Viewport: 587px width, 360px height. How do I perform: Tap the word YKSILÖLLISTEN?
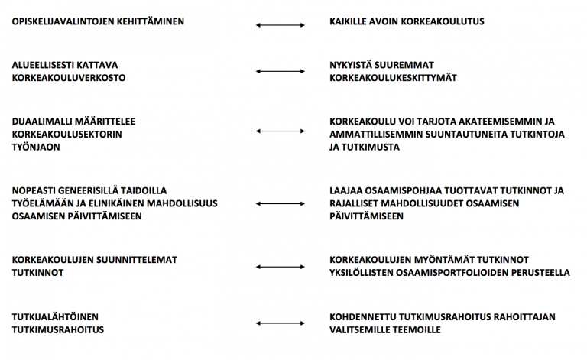[362, 272]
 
